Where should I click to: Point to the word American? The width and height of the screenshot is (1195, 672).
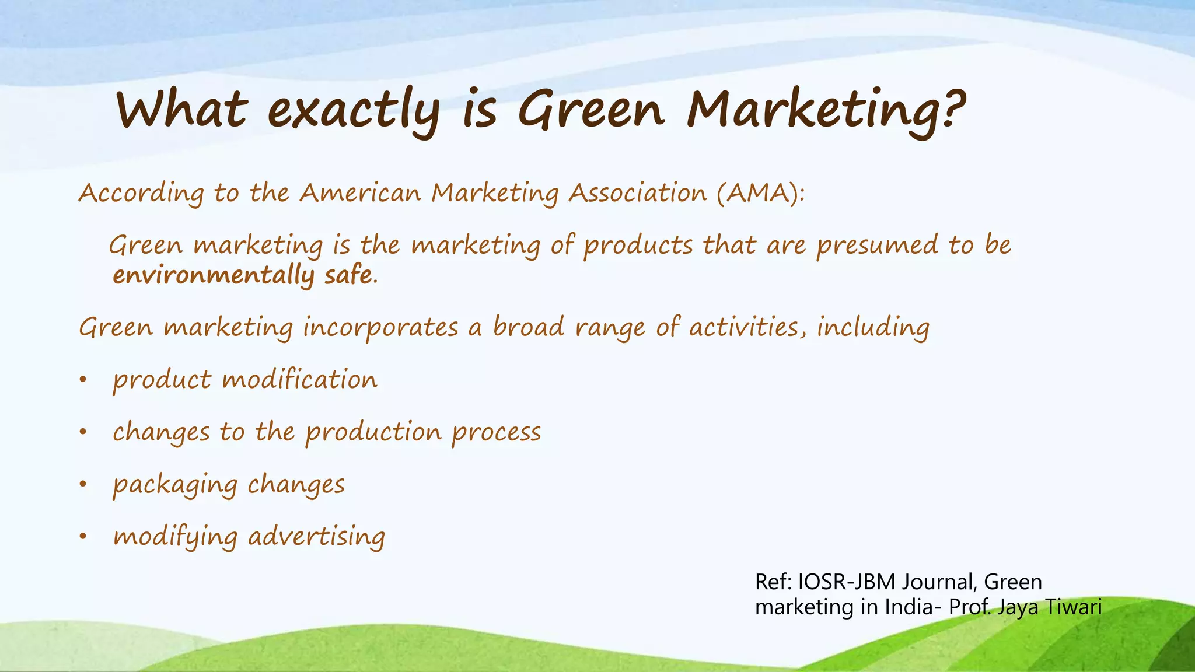pyautogui.click(x=360, y=193)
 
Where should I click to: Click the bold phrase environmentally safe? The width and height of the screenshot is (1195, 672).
pyautogui.click(x=244, y=275)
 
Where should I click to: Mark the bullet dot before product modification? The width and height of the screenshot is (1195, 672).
pyautogui.click(x=83, y=380)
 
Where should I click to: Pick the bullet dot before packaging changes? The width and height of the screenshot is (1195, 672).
pyautogui.click(x=83, y=484)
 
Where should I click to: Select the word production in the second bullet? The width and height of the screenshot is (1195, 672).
pyautogui.click(x=373, y=432)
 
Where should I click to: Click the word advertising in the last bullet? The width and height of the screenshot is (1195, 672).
pyautogui.click(x=317, y=537)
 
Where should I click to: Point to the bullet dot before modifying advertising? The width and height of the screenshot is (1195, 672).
pyautogui.click(x=83, y=537)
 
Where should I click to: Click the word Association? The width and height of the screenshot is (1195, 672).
pyautogui.click(x=638, y=193)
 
